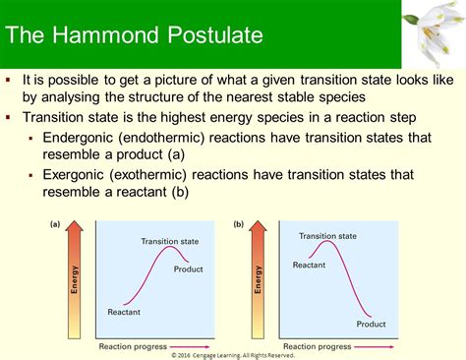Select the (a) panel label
pos(56,225)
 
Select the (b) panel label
pos(239,225)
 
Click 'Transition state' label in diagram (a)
pos(168,240)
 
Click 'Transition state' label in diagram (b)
pos(327,236)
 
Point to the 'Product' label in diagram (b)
pos(371,324)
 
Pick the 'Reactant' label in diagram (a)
pos(124,313)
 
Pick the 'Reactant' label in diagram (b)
pos(309,266)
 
